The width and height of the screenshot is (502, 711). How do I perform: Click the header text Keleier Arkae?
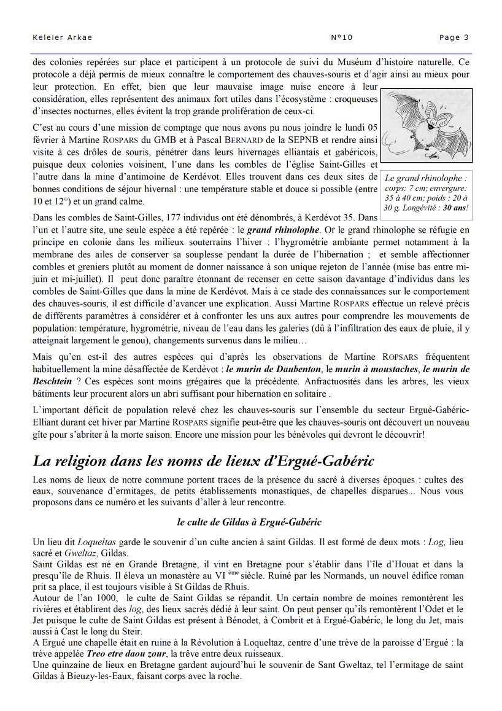click(62, 37)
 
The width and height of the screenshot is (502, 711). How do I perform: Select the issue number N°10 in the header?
click(342, 37)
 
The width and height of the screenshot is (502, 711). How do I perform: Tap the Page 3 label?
click(454, 37)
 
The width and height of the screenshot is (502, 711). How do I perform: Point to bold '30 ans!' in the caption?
click(455, 208)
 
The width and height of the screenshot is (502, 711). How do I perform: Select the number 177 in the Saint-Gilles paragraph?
click(164, 218)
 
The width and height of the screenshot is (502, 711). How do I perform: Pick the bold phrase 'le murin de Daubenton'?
click(273, 369)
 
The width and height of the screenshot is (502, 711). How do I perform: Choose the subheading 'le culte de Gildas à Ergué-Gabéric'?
click(249, 523)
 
